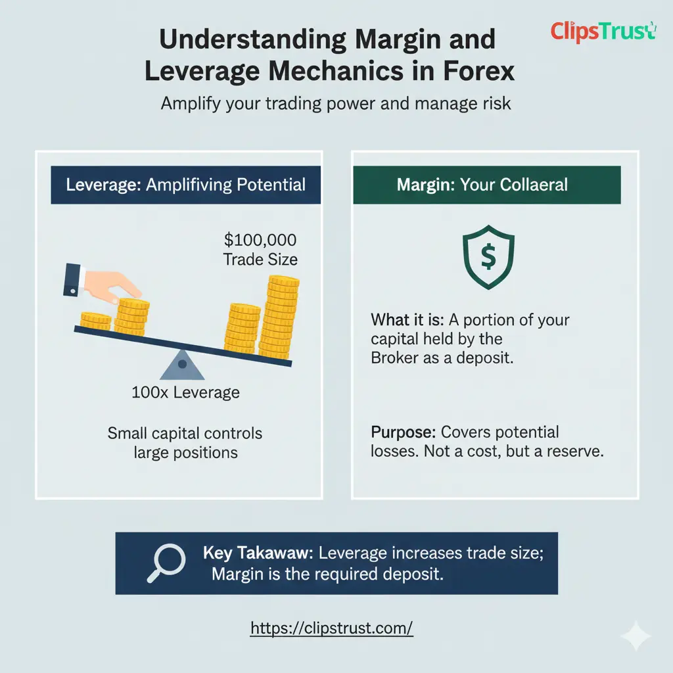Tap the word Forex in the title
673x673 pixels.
tap(478, 70)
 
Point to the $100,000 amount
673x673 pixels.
tap(260, 240)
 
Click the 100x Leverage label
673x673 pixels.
tap(185, 393)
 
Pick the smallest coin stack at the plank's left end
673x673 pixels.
tap(96, 321)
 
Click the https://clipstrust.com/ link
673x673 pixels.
tap(332, 628)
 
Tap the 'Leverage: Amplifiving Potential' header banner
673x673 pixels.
tap(186, 184)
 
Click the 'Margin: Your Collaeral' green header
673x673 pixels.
tap(486, 184)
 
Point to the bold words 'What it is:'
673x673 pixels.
tap(408, 321)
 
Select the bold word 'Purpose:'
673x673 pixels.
tap(403, 432)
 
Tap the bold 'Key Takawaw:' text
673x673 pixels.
tap(258, 553)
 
